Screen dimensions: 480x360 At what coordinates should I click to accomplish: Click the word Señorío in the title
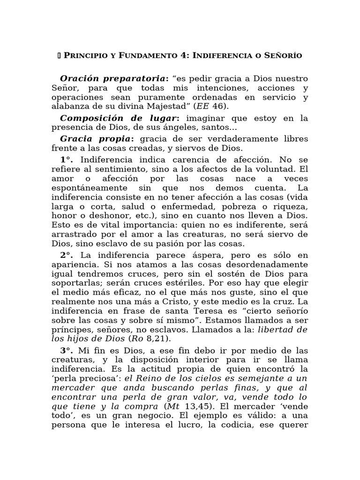(x=283, y=56)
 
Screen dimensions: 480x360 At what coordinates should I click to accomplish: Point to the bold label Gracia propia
(x=97, y=139)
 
